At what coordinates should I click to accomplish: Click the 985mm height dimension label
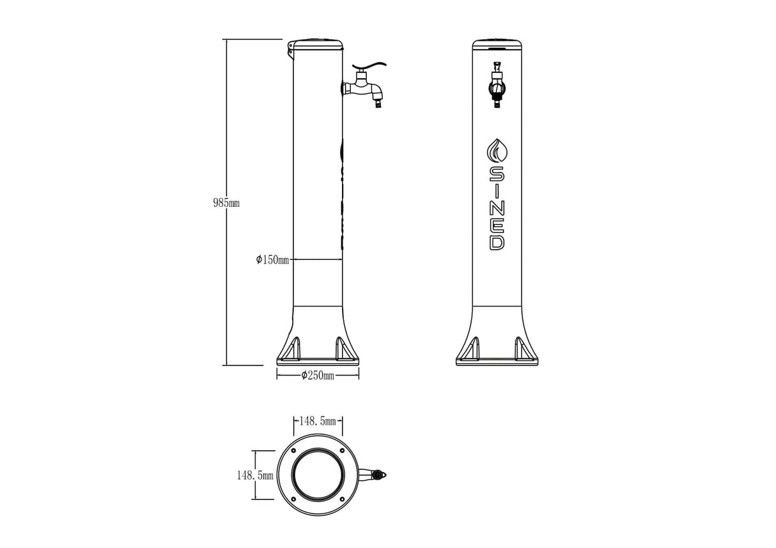226,203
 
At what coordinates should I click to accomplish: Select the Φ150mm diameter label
273,260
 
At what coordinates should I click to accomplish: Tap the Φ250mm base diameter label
318,376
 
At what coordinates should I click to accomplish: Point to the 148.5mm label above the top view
318,422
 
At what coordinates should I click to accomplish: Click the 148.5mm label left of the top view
254,476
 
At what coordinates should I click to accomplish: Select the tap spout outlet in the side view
379,102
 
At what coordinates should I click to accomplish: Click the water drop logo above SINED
497,151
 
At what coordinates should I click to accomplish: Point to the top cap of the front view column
497,45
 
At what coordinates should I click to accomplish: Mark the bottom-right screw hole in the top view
342,499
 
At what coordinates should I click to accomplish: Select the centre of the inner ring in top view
318,475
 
